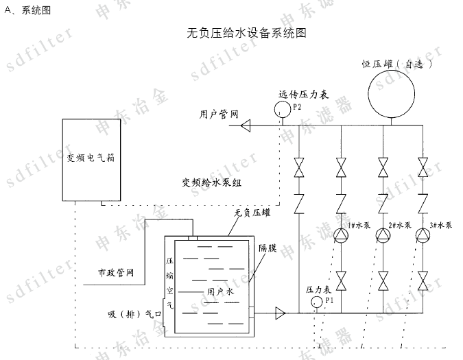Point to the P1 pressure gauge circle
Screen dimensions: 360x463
(x=317, y=302)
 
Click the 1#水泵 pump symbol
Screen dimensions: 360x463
(x=341, y=237)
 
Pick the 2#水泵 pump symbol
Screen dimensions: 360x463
(x=382, y=237)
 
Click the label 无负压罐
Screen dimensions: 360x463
(x=251, y=213)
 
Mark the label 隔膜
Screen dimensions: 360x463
(x=268, y=248)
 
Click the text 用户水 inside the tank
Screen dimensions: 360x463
(x=222, y=291)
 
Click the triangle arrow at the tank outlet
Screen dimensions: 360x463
(x=280, y=313)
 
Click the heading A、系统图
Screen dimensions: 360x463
(x=27, y=10)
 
